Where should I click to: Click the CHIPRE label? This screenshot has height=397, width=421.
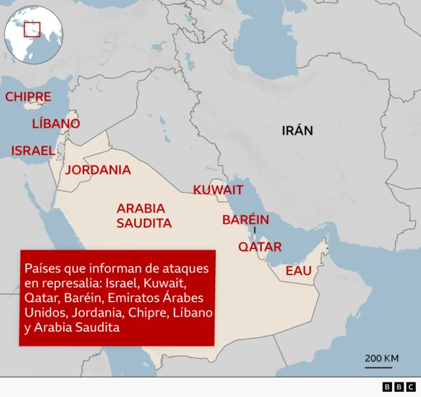click(28, 97)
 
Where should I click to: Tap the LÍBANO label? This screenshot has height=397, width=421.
click(56, 124)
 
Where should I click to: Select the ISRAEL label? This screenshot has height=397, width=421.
click(33, 151)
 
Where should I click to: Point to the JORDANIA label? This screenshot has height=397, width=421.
click(98, 170)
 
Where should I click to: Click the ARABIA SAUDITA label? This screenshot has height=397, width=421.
click(144, 215)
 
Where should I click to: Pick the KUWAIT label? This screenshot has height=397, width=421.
click(218, 190)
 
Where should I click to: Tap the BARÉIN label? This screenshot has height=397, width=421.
click(246, 219)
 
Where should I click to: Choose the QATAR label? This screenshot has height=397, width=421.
click(260, 247)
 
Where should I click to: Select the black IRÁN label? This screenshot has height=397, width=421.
click(297, 130)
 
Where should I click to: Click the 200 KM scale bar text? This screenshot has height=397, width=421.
click(382, 358)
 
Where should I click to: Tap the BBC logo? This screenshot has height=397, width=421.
click(399, 387)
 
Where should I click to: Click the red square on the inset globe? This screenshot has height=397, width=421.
click(32, 30)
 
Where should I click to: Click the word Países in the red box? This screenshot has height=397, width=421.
click(41, 269)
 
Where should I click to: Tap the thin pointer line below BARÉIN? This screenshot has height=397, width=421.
click(255, 231)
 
